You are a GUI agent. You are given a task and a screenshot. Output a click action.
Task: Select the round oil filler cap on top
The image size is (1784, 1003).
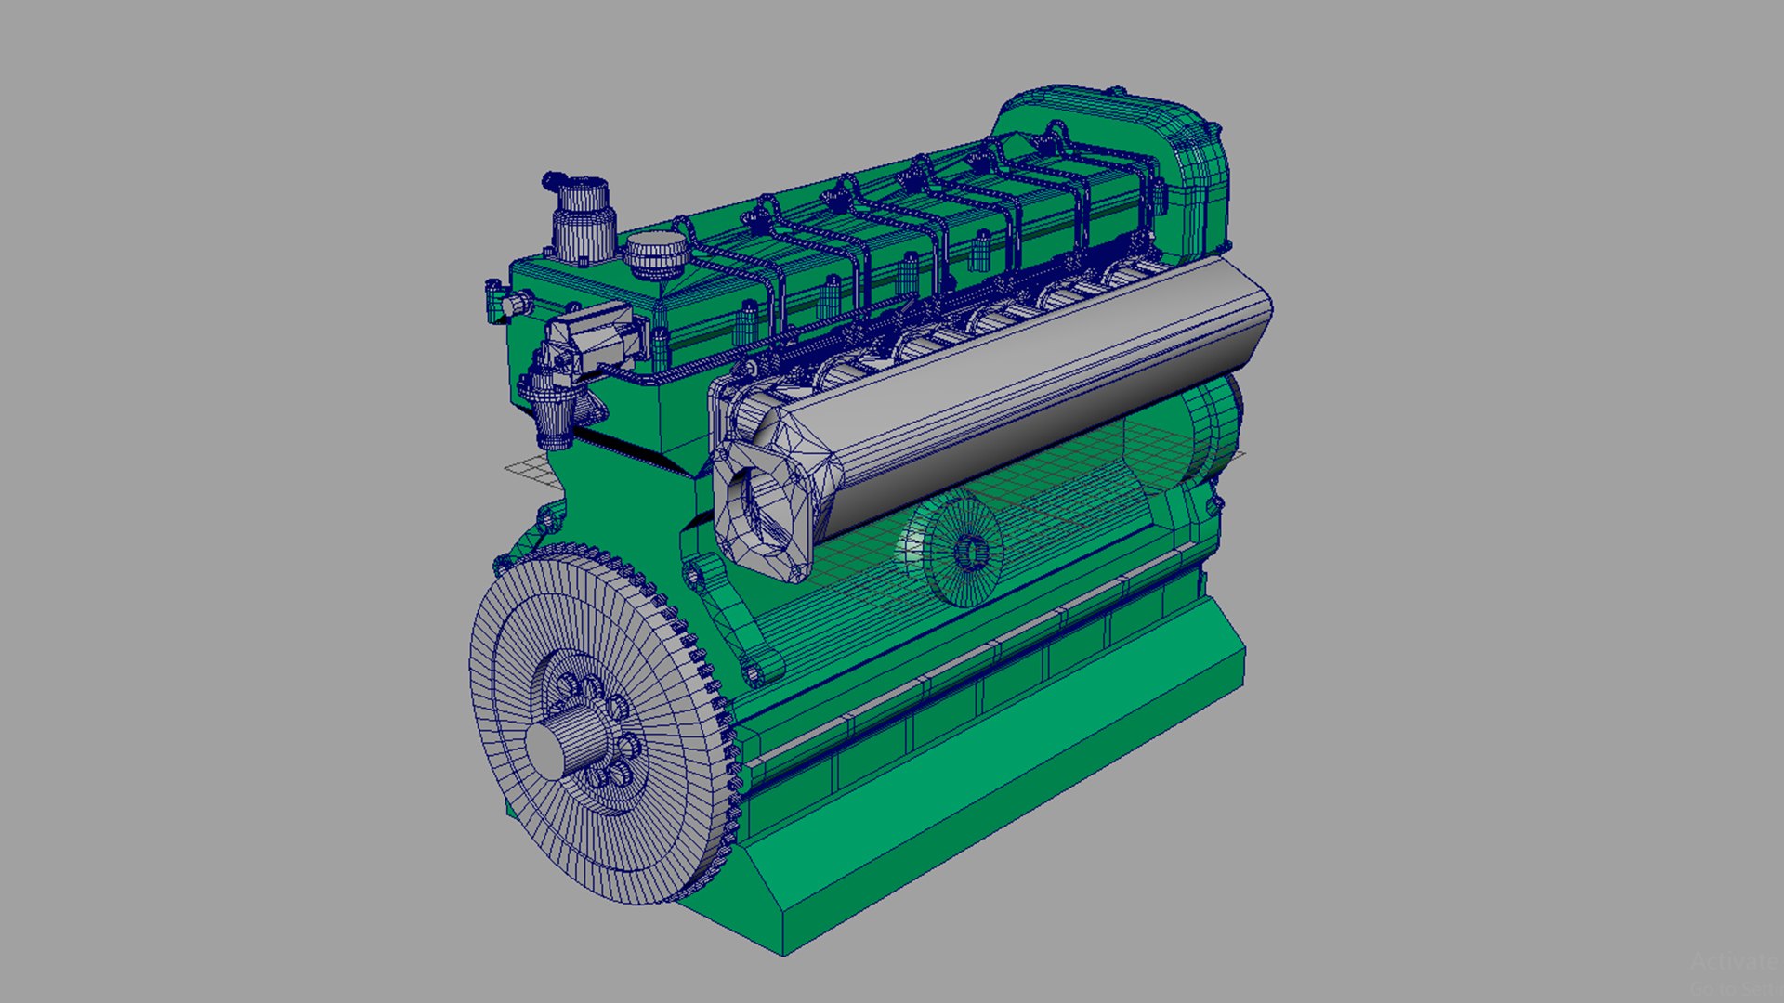tap(655, 254)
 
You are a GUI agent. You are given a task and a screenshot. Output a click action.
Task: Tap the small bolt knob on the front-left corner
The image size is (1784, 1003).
tap(510, 304)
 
